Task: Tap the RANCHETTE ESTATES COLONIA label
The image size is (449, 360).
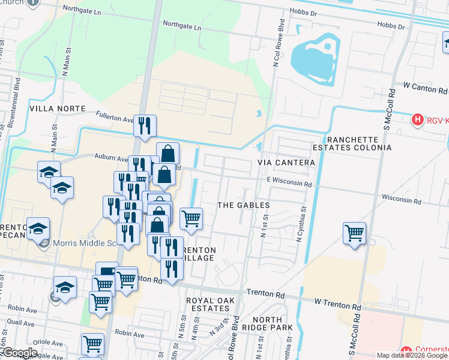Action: pyautogui.click(x=352, y=142)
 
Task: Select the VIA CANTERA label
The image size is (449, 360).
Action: pyautogui.click(x=286, y=163)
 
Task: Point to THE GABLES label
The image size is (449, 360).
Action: pyautogui.click(x=243, y=205)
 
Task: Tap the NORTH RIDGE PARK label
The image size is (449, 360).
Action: pyautogui.click(x=272, y=323)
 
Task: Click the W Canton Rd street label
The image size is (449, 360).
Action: pyautogui.click(x=426, y=86)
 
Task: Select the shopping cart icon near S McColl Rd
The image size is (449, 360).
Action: pyautogui.click(x=355, y=233)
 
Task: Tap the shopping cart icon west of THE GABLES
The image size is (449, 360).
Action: pyautogui.click(x=191, y=218)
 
